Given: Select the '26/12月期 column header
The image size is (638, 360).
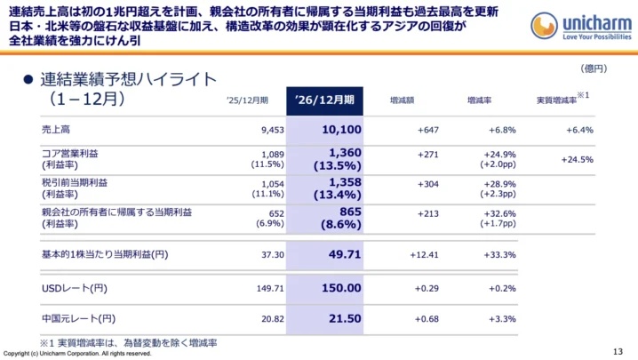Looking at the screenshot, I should click(x=324, y=100).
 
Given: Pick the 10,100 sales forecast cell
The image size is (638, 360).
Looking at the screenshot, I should click(x=337, y=130).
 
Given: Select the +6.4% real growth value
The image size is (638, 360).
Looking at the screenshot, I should click(x=578, y=130).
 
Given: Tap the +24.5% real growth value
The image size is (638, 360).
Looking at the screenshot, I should click(x=578, y=160).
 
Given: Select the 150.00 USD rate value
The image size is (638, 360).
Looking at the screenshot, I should click(x=339, y=288).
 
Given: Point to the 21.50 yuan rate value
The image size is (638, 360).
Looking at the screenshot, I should click(x=342, y=318).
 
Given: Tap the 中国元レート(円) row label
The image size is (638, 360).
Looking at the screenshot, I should click(x=78, y=318).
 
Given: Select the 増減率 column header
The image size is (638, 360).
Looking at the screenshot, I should click(x=482, y=100).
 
